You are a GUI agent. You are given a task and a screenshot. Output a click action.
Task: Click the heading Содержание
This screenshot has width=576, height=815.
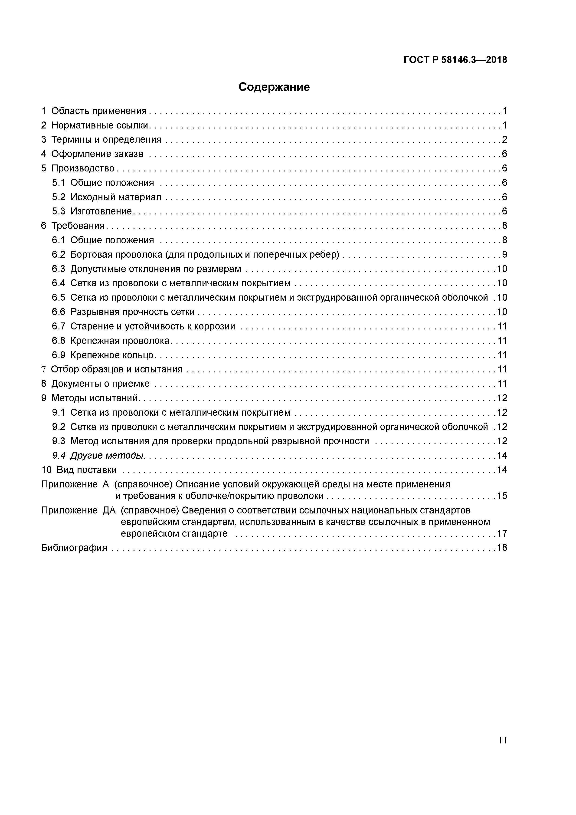274,87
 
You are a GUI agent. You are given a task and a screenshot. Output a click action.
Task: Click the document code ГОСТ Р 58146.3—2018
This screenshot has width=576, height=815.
455,60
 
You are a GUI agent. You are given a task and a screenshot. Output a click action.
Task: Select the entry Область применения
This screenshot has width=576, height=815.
99,111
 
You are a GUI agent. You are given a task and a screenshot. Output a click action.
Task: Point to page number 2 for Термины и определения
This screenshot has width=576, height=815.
504,139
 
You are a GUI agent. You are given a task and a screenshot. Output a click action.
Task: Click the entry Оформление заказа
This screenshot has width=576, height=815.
97,154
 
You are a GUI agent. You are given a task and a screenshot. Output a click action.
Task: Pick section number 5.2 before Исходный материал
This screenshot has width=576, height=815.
59,197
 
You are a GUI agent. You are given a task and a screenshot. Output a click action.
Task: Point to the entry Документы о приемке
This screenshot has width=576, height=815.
100,384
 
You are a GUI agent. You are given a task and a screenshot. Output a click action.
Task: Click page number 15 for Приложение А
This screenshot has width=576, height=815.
502,496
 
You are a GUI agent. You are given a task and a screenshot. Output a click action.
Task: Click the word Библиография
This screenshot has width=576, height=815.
74,548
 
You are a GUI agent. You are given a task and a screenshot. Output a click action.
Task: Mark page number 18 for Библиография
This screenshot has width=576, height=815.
502,548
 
